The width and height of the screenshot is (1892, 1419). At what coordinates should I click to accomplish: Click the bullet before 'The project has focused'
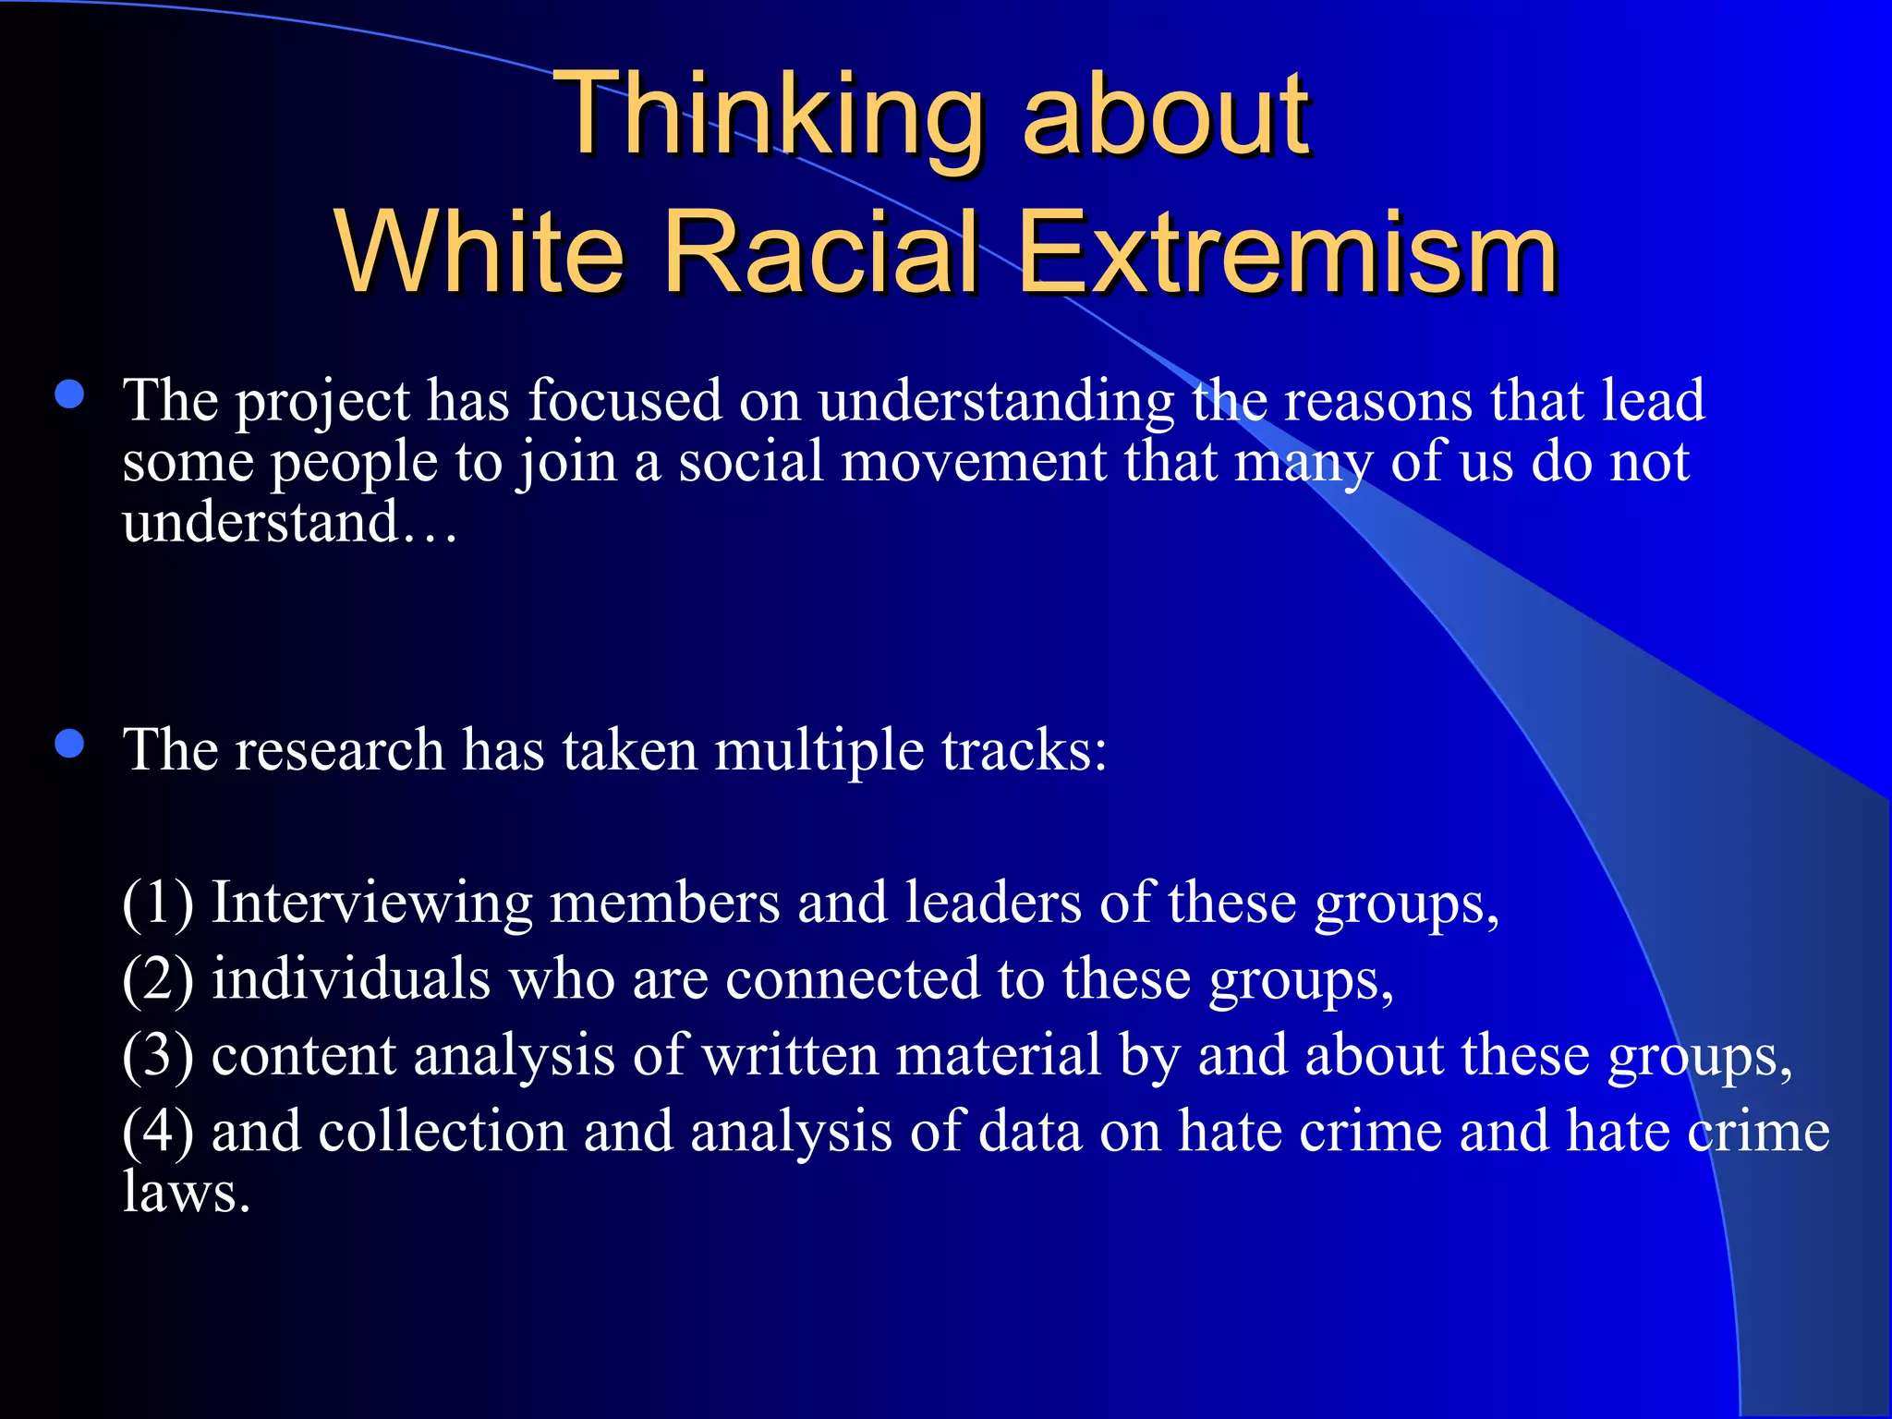tap(69, 395)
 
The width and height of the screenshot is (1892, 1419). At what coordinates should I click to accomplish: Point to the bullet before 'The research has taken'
tap(69, 744)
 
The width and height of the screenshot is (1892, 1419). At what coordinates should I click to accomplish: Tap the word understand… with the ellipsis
tap(289, 523)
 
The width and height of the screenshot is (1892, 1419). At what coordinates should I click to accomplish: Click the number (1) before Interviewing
tap(158, 904)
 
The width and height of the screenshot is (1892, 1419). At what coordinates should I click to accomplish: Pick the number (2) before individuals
tap(158, 980)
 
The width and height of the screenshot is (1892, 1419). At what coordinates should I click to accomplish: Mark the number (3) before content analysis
tap(158, 1056)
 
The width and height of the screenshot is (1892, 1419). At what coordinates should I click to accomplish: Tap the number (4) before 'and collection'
tap(158, 1133)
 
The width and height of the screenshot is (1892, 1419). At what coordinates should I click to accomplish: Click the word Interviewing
tap(371, 904)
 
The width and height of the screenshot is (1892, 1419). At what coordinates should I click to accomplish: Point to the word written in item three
tap(790, 1056)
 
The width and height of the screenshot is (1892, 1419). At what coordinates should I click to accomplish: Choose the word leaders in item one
tap(992, 904)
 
